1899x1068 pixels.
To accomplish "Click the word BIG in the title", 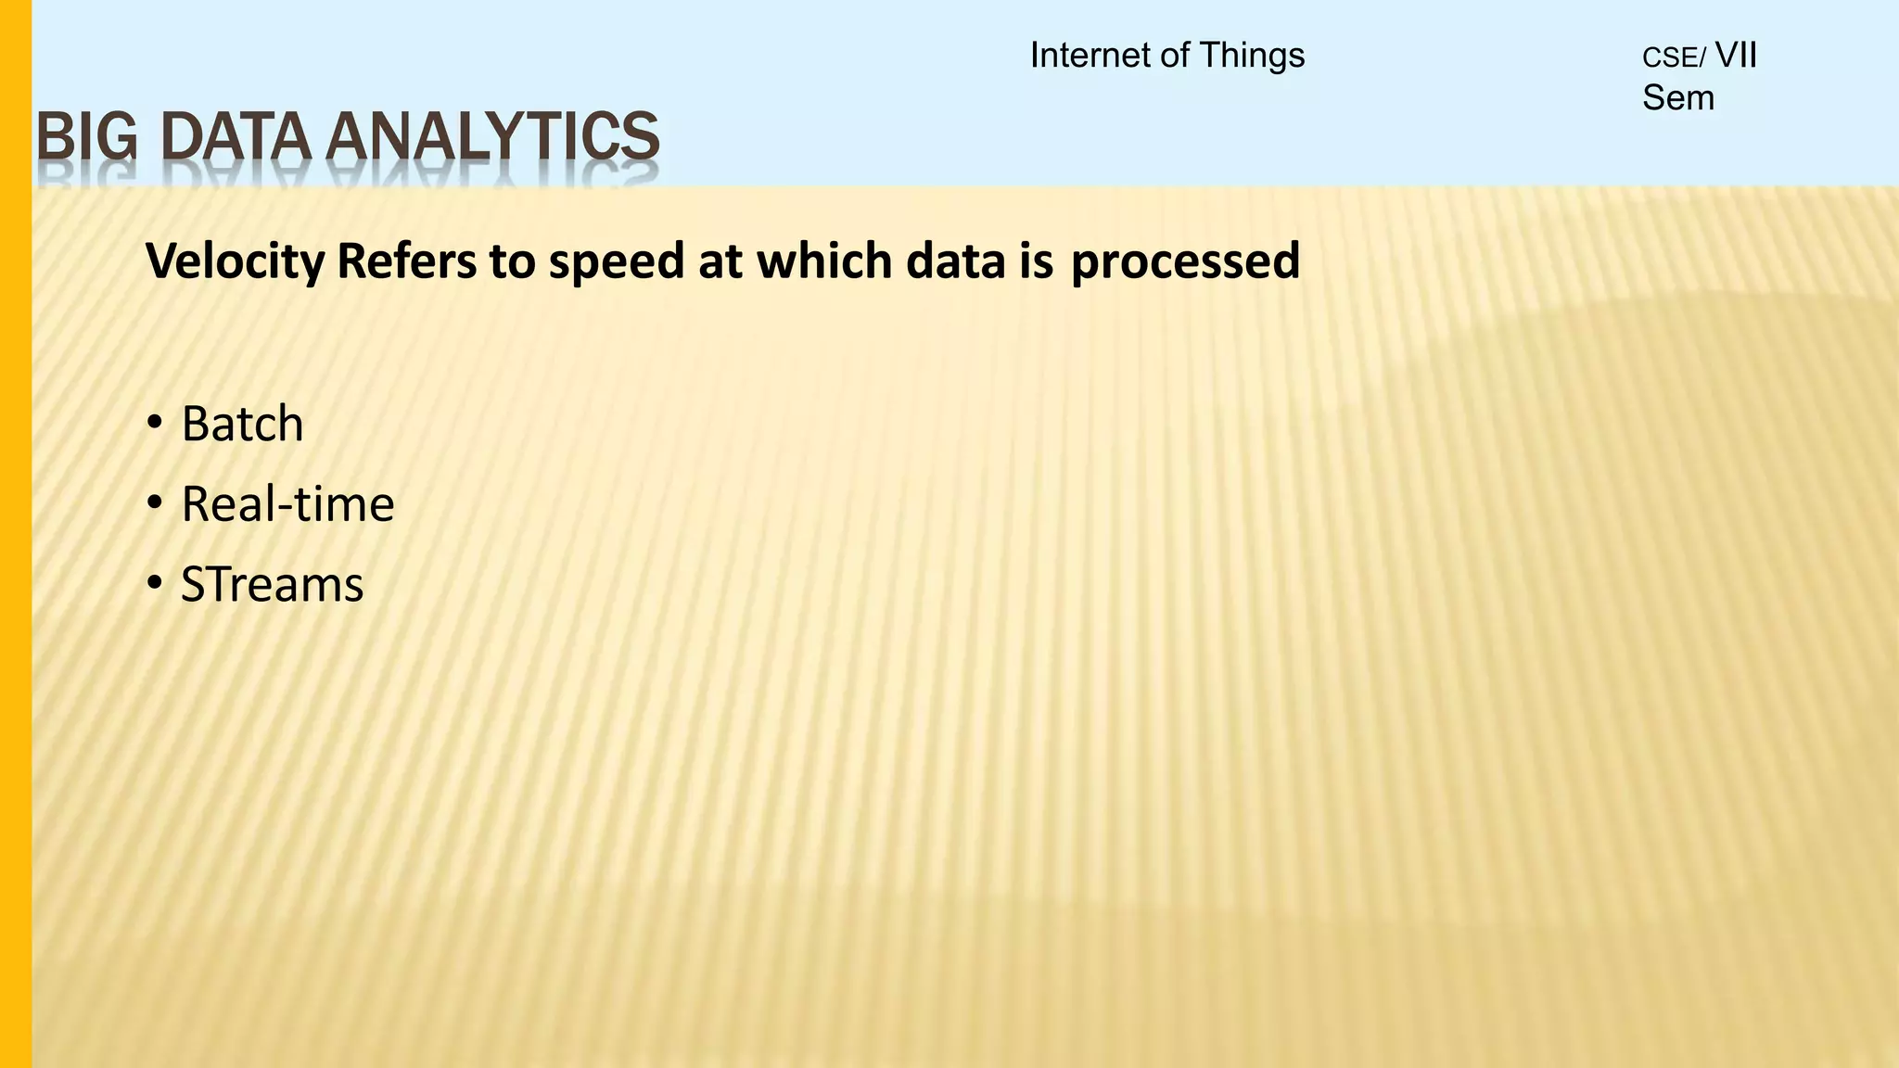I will pyautogui.click(x=85, y=136).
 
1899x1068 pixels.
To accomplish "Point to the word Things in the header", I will pyautogui.click(x=1252, y=56).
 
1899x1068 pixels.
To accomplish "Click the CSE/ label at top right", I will pyautogui.click(x=1674, y=58).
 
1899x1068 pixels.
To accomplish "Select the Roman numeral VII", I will pyautogui.click(x=1736, y=56).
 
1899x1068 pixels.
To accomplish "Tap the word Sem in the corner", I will pyautogui.click(x=1678, y=98).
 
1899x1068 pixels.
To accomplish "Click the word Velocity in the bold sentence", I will pyautogui.click(x=236, y=262).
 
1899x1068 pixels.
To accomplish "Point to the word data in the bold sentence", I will pyautogui.click(x=955, y=262).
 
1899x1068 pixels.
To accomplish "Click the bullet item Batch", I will pyautogui.click(x=242, y=425).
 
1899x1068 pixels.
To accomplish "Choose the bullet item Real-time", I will pyautogui.click(x=287, y=505).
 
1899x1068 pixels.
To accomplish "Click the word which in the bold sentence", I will pyautogui.click(x=825, y=262).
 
